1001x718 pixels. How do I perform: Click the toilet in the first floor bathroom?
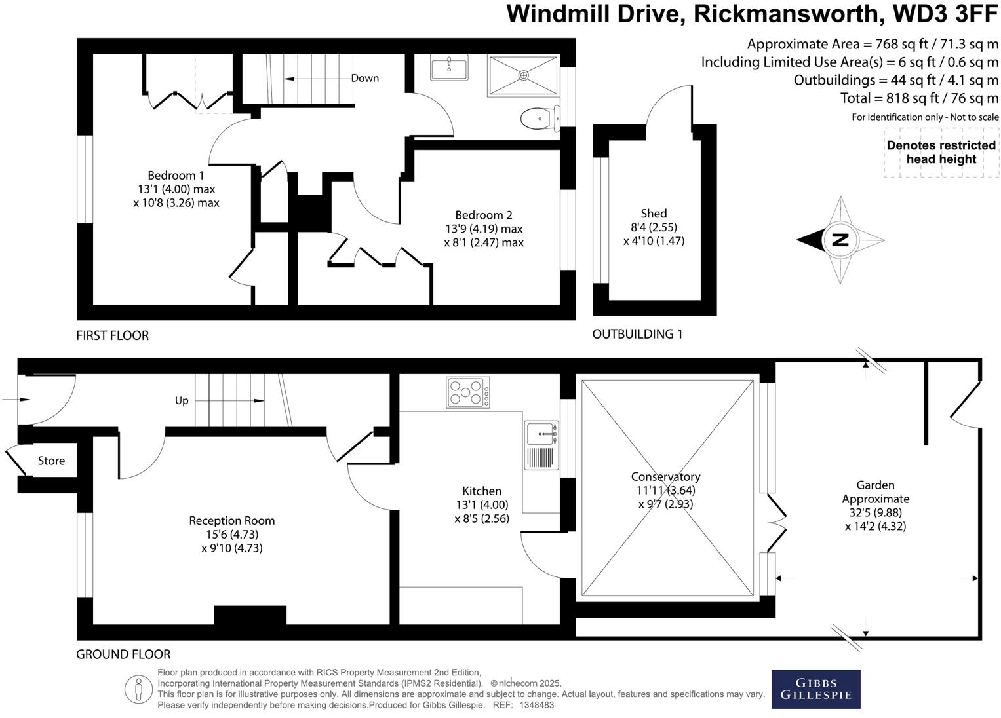pos(539,119)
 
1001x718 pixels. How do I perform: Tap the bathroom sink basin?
pos(449,67)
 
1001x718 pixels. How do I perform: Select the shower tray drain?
pos(523,75)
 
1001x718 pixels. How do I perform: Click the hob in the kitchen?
pos(467,393)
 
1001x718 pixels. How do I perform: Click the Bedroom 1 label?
pos(176,176)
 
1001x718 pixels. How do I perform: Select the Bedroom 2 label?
pos(484,215)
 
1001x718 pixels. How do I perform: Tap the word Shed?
pos(654,214)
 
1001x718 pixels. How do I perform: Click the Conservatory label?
pos(665,477)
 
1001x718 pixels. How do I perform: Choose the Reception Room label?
pos(232,521)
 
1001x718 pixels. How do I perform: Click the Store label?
pos(51,461)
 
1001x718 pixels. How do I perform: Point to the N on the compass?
pos(840,240)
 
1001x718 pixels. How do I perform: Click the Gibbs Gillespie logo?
pos(815,689)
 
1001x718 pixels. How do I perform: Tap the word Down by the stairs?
pos(365,78)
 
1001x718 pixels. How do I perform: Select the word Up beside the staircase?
pos(182,400)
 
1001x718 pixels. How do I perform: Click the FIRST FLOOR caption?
pos(113,335)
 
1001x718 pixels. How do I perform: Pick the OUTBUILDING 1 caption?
pos(637,334)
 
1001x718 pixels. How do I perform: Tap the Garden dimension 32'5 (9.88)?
pos(875,512)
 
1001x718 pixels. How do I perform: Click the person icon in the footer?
pos(138,689)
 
